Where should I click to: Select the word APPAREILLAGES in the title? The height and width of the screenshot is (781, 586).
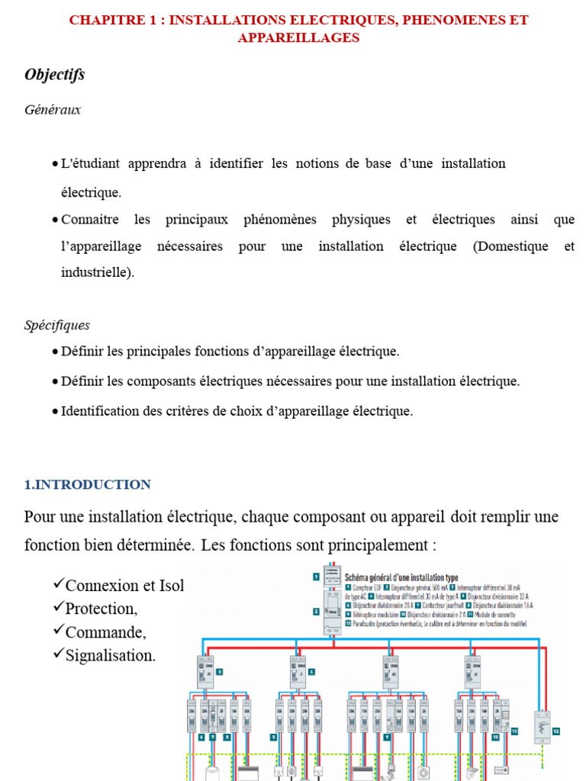298,37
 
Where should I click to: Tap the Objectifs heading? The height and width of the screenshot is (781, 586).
54,75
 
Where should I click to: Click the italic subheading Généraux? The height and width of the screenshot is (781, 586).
53,110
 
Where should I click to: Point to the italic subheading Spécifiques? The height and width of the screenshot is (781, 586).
57,326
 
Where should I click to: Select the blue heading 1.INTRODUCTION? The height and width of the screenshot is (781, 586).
88,485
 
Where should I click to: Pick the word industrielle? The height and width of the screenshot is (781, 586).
96,272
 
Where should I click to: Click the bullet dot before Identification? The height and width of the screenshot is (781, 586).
55,412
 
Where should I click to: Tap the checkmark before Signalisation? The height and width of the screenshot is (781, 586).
59,654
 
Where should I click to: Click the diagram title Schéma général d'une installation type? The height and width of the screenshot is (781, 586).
401,577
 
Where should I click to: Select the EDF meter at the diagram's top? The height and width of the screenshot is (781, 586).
331,577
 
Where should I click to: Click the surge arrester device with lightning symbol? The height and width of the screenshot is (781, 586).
543,727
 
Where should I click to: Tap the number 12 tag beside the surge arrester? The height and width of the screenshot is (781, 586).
556,731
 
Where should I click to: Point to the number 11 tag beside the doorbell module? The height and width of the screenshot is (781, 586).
514,730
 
